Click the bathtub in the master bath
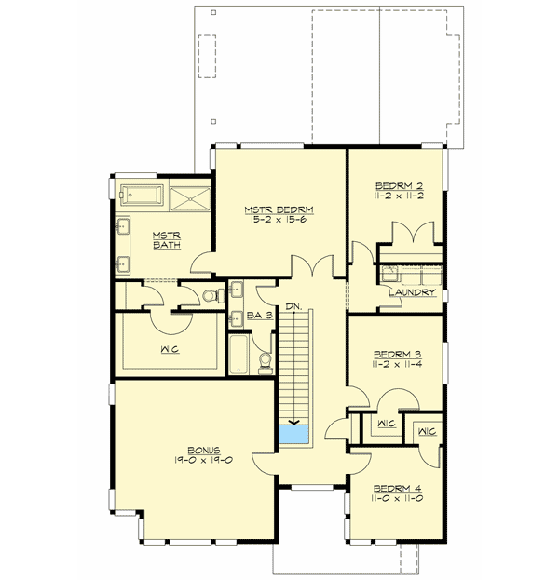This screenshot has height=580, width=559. [x=140, y=196]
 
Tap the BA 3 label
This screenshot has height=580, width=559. [x=259, y=317]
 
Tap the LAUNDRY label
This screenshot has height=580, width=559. [x=414, y=292]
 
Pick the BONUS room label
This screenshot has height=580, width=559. [x=198, y=450]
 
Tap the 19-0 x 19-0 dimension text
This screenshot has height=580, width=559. [x=198, y=461]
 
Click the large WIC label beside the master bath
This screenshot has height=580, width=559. [x=170, y=351]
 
